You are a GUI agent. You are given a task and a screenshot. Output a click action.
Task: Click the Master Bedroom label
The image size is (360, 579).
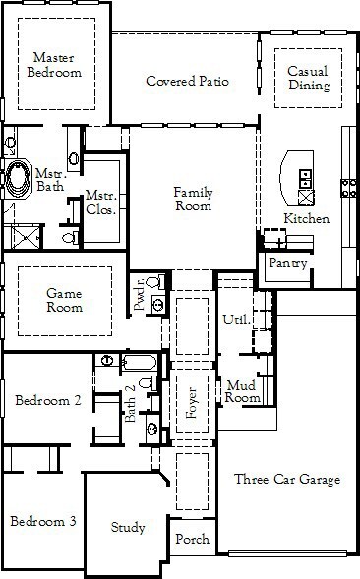click(x=54, y=65)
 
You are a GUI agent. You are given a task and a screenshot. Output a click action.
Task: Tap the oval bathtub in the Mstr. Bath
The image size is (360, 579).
click(x=18, y=178)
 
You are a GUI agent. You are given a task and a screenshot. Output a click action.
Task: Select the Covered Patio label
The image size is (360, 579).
click(x=188, y=81)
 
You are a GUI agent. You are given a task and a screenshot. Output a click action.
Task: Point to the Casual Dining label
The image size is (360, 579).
click(x=309, y=78)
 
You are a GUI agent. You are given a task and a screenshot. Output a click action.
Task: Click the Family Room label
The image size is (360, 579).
click(x=194, y=199)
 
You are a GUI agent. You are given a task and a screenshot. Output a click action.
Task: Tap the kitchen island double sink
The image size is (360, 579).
click(x=306, y=178)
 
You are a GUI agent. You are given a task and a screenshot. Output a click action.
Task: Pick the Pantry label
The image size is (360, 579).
click(x=288, y=263)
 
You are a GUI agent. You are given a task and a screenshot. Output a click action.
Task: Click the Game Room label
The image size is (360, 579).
click(x=64, y=300)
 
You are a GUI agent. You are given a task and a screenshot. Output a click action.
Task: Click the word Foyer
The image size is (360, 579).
click(x=192, y=402)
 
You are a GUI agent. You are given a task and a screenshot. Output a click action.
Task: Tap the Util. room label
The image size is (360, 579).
click(x=236, y=319)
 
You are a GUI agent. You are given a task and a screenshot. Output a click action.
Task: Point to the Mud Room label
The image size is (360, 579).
click(x=242, y=391)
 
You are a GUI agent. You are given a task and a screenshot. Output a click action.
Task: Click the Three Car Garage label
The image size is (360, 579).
click(x=287, y=479)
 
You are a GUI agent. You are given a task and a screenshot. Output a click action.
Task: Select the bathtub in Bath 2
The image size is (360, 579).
click(x=139, y=362)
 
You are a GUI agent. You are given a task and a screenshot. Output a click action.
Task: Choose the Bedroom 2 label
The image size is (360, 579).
click(x=47, y=400)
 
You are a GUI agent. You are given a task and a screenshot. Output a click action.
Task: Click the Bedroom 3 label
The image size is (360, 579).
click(x=43, y=521)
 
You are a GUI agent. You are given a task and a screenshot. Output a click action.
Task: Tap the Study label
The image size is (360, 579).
click(x=128, y=527)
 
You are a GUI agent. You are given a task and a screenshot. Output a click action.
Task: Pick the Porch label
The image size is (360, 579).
click(x=192, y=539)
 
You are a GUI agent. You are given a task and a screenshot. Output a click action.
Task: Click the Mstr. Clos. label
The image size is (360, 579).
click(x=101, y=202)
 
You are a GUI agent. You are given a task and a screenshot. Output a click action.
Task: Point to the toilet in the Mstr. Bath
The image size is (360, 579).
click(x=71, y=238)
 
